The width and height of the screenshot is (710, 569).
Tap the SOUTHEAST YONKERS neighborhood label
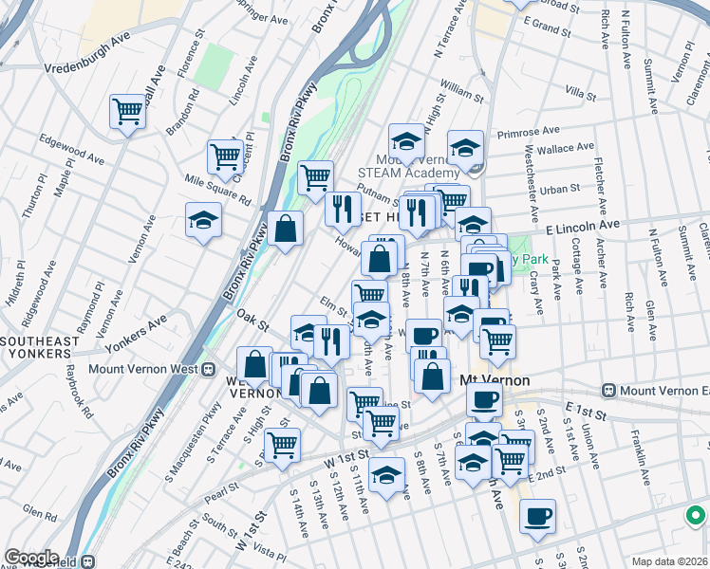35,347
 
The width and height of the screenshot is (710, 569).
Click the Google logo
32,558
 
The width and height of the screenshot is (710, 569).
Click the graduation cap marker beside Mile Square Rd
203,221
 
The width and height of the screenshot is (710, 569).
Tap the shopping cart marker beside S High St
282,444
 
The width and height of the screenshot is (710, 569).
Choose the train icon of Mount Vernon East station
608,391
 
